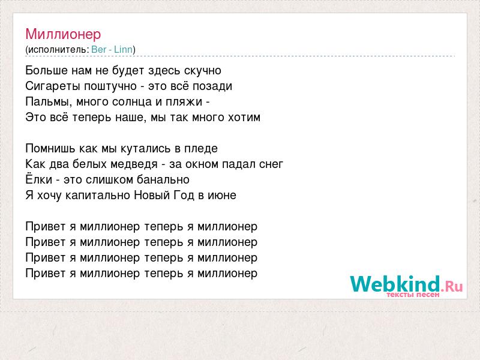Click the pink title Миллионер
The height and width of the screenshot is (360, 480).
pyautogui.click(x=63, y=34)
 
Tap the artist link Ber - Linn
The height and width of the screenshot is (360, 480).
pyautogui.click(x=112, y=49)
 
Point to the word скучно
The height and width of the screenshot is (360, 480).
pyautogui.click(x=203, y=71)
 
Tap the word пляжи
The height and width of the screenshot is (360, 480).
pyautogui.click(x=184, y=102)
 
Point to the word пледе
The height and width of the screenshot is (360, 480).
pyautogui.click(x=201, y=149)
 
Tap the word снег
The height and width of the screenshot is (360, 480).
pyautogui.click(x=271, y=164)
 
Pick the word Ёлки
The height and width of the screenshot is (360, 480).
pyautogui.click(x=39, y=179)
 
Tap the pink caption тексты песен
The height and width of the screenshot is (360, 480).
pyautogui.click(x=413, y=295)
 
